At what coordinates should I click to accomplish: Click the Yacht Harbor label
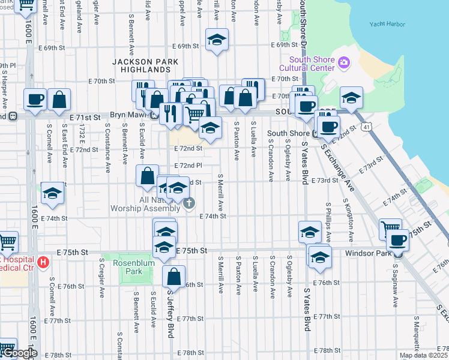tap(388, 25)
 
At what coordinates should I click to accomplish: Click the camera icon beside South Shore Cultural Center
tap(344, 62)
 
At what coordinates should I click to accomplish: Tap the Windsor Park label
tap(367, 254)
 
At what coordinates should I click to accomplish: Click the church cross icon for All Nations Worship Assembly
tap(189, 203)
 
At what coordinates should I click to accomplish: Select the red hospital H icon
tap(43, 262)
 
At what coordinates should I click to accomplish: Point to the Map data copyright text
tap(423, 355)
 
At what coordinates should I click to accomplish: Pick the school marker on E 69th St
tap(217, 40)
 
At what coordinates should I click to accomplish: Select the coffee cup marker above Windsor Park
tap(396, 240)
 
